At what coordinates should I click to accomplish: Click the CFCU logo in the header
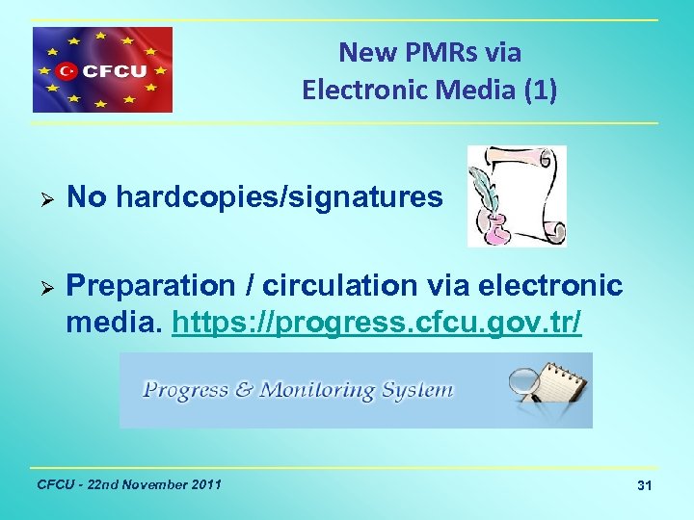coord(103,69)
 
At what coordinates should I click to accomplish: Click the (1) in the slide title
coord(536,91)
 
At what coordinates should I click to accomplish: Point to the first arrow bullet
coord(40,199)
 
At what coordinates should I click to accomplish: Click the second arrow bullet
coord(40,287)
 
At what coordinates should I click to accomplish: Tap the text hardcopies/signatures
coord(280,199)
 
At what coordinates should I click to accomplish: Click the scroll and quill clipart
coord(517,196)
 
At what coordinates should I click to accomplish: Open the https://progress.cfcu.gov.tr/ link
coord(376,323)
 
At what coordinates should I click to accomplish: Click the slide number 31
coord(645,487)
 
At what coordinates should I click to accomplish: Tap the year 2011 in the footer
coord(205,483)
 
